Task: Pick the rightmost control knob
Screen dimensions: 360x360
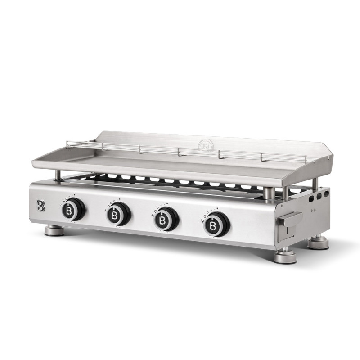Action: [x=216, y=224]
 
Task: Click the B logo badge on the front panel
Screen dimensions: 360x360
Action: [x=41, y=206]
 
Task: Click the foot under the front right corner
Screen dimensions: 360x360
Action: [x=285, y=256]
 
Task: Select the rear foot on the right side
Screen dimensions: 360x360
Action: [x=318, y=243]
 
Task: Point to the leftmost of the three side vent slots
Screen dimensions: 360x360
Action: [x=311, y=198]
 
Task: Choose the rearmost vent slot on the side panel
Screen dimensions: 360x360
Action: [x=326, y=193]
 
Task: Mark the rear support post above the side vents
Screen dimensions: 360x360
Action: [x=315, y=183]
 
